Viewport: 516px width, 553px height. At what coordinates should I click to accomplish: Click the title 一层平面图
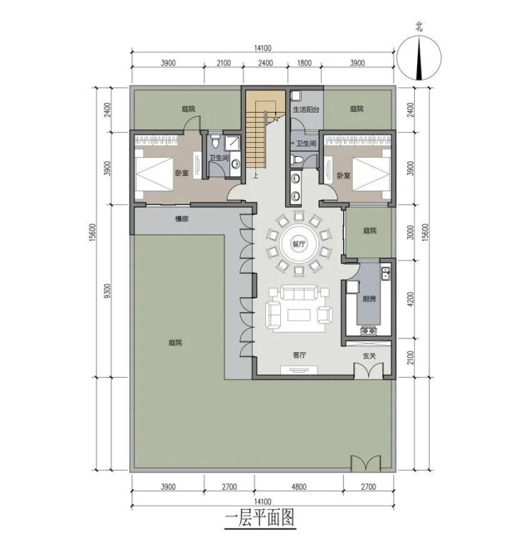tap(259, 518)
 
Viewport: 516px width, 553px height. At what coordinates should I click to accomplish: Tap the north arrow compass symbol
tap(419, 58)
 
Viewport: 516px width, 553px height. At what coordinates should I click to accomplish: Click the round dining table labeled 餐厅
tap(299, 243)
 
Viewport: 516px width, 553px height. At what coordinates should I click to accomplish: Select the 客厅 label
tap(299, 355)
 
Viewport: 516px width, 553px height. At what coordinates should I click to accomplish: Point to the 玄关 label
tap(369, 356)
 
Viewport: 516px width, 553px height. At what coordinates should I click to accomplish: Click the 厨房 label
tap(369, 298)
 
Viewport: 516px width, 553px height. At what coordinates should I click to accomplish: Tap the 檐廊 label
tap(182, 219)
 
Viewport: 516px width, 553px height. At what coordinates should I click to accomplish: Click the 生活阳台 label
tap(306, 109)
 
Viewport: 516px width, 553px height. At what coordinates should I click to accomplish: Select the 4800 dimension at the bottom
tap(299, 487)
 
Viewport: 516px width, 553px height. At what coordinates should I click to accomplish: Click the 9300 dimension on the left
tap(107, 290)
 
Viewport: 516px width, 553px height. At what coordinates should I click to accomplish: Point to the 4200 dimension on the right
tap(410, 299)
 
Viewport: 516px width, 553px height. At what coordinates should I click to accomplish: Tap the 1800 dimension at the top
tap(304, 63)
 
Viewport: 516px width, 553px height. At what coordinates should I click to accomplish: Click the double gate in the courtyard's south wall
tap(365, 463)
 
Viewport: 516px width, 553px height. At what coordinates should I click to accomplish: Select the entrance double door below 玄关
tap(368, 371)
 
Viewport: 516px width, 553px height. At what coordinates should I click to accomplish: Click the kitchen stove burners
tap(368, 331)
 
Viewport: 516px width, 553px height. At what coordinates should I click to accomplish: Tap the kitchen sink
tap(386, 273)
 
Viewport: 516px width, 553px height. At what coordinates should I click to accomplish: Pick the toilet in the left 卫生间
tap(216, 141)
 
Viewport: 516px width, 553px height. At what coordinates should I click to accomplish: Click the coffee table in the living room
tap(299, 315)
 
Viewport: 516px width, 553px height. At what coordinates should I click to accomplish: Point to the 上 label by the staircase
tap(255, 174)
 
